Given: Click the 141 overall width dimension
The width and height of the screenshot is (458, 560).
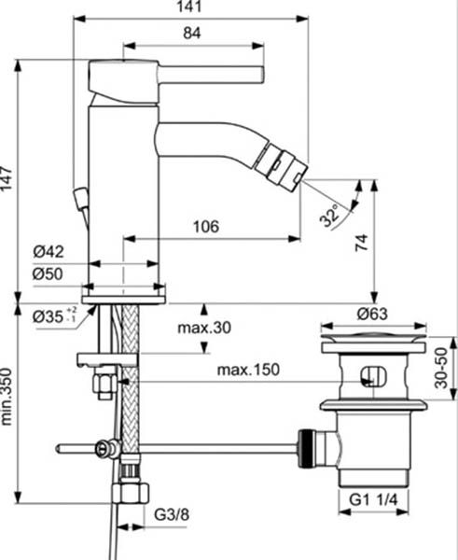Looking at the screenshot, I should (x=192, y=8).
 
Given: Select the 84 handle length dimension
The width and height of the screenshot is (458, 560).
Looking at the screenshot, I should (x=192, y=34).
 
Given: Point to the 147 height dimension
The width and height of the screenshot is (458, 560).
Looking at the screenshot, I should (x=8, y=177).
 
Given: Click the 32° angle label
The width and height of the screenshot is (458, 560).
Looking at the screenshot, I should (x=329, y=217).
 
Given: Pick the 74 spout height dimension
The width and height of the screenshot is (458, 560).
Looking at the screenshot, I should (x=362, y=244).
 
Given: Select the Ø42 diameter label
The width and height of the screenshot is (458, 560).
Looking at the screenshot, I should (x=48, y=252).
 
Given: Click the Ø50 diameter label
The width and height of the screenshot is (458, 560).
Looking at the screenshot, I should (x=48, y=274).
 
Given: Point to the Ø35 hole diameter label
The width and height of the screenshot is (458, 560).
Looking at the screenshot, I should (x=54, y=316).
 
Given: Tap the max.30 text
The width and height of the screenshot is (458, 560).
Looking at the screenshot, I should (x=202, y=329).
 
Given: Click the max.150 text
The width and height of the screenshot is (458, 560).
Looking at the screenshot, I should (x=248, y=371).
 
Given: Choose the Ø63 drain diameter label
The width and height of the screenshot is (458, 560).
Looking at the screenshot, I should (x=373, y=314).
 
